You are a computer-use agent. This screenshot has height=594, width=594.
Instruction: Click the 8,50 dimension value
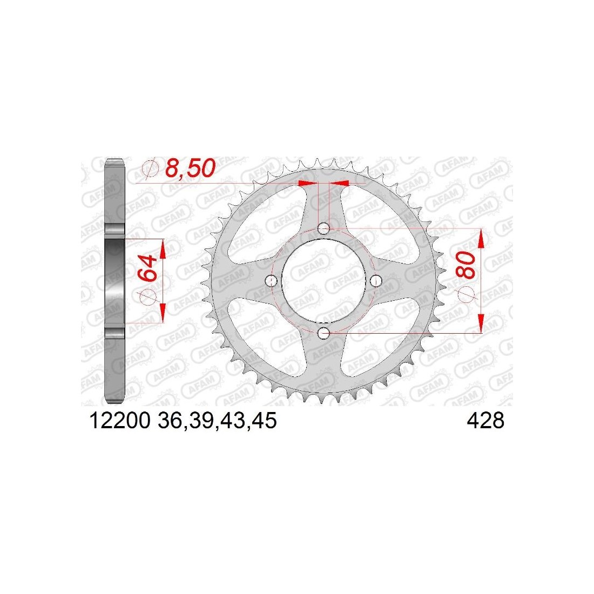pos(190,168)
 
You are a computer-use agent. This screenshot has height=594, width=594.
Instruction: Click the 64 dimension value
pos(148,268)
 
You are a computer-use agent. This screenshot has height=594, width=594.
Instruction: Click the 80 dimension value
pos(467,265)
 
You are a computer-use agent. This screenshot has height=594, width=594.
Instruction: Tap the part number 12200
pos(120,421)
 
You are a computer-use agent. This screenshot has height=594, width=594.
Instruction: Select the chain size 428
pos(485,421)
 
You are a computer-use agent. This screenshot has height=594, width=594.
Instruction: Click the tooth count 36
pos(170,421)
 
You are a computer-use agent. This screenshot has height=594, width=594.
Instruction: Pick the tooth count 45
pos(265,421)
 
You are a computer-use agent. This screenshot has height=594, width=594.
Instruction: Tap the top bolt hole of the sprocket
pos(323,228)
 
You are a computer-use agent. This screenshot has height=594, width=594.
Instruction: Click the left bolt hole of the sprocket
pos(272,281)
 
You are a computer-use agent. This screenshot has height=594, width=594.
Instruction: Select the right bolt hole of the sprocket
pos(376,281)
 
